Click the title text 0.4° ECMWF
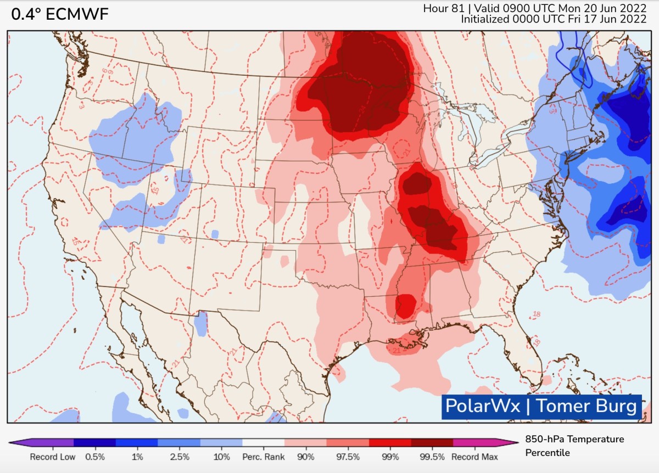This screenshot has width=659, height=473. (60, 15)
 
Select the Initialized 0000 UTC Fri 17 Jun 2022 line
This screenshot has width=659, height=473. (553, 19)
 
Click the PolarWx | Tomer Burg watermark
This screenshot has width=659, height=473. (541, 407)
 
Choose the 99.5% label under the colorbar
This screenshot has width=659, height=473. (432, 457)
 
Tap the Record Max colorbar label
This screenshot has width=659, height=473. (474, 457)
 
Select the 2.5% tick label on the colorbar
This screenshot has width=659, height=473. (180, 457)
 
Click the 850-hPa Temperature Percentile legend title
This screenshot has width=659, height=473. (574, 446)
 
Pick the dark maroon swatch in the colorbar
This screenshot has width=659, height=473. (432, 442)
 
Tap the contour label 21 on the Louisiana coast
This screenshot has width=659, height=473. (396, 350)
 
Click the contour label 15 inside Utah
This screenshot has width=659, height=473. (155, 191)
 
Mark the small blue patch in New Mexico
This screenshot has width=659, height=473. (202, 324)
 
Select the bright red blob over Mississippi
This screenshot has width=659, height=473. (405, 305)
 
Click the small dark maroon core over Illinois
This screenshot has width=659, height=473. (416, 183)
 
